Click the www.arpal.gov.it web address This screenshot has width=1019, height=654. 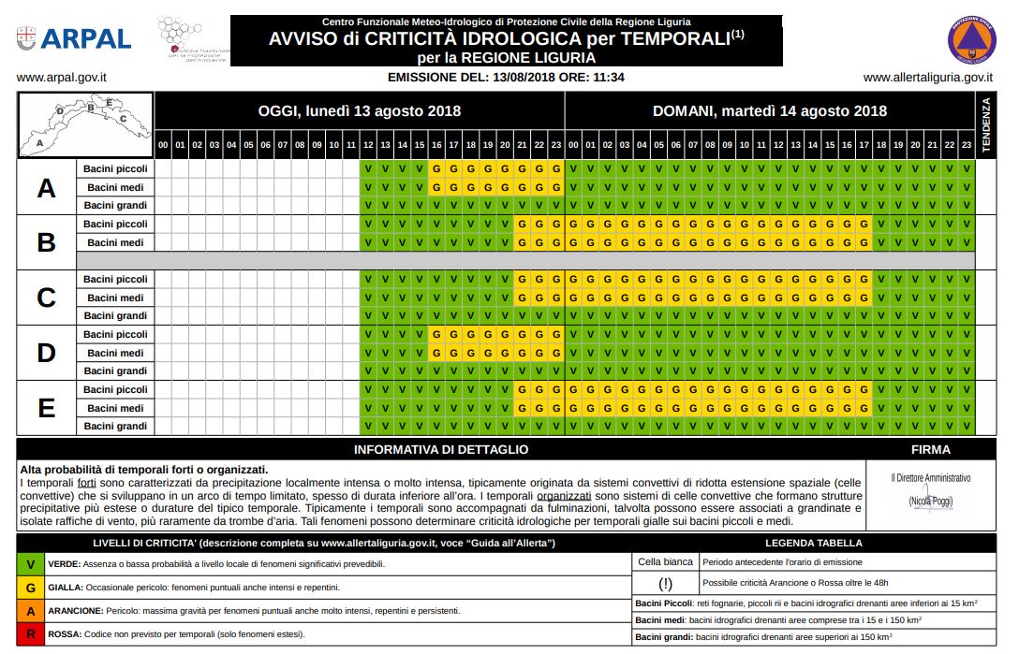click(61, 78)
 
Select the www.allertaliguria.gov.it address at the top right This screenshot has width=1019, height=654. click(927, 78)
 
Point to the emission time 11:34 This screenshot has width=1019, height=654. click(608, 78)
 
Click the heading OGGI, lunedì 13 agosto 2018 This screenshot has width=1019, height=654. click(360, 111)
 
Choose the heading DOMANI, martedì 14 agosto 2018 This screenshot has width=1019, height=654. click(769, 111)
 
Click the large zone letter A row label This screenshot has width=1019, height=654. click(46, 188)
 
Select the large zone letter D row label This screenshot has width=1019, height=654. click(46, 353)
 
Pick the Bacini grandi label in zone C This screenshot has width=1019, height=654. click(115, 316)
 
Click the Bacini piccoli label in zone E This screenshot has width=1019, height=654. click(115, 389)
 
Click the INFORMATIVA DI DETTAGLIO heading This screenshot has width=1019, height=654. click(440, 449)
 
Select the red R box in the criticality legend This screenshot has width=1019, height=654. click(32, 633)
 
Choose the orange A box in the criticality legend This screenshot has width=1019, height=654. click(32, 610)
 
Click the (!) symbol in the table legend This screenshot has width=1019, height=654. click(666, 584)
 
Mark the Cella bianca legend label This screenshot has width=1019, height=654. click(666, 561)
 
